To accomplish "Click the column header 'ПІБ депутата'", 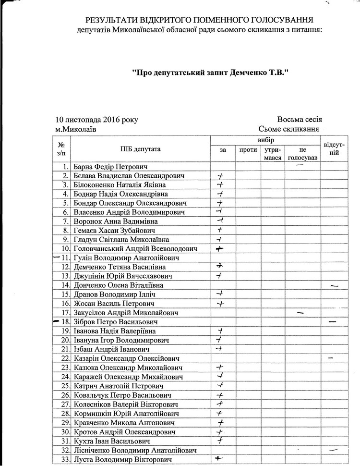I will (141, 148).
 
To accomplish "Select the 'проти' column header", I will (247, 150).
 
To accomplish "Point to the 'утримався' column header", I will (272, 154).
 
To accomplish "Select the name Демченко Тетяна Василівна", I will (120, 267).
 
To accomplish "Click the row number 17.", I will (66, 312).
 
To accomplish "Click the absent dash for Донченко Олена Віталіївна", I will (335, 286).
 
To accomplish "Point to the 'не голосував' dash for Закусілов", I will (301, 313).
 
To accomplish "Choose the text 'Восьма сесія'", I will (299, 120).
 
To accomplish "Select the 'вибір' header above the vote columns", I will (265, 139).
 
